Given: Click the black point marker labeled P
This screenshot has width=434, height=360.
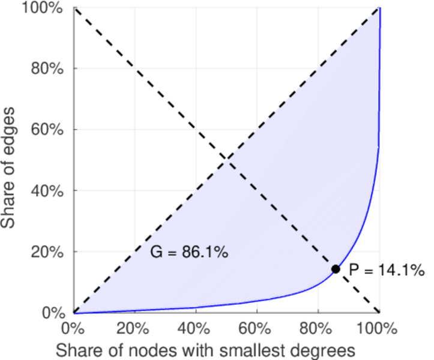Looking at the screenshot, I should click(336, 269).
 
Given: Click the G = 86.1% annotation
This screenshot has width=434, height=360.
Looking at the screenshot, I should click(188, 253).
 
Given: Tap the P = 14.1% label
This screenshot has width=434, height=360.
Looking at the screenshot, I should click(387, 271).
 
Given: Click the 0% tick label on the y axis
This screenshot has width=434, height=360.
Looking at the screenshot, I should click(54, 313).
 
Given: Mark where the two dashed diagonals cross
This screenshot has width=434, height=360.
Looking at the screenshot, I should click(226, 160).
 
